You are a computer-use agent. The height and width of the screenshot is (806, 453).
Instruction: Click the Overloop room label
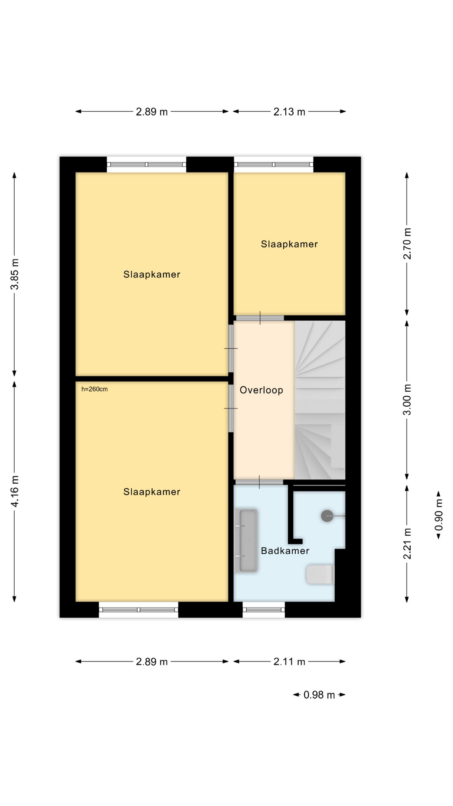pos(261,390)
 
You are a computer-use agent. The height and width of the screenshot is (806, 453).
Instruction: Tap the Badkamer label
pos(285,551)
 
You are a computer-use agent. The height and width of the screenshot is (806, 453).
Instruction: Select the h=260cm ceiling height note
pos(94,389)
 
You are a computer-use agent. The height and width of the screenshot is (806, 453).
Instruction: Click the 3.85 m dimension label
pos(15,274)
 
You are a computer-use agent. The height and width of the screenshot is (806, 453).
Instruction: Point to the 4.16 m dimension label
pos(15,491)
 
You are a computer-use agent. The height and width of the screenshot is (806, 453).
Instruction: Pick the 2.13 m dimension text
pos(289,112)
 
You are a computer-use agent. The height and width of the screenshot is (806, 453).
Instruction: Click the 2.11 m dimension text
pos(289,662)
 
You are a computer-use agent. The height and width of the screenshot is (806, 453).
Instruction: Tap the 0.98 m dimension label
pos(319,695)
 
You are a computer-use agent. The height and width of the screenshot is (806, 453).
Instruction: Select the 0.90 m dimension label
pos(439,515)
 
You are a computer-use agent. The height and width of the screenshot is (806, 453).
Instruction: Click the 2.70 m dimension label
pos(407,244)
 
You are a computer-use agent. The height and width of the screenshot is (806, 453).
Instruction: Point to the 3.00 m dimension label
pos(407,399)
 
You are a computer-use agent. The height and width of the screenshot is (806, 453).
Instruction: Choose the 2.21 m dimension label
pos(407,544)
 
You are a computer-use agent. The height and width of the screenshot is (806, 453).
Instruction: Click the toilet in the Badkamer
pos(320,575)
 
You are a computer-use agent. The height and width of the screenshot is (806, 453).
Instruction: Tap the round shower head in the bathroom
pos(327,516)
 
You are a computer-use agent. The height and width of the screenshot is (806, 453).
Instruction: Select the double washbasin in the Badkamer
pos(248,541)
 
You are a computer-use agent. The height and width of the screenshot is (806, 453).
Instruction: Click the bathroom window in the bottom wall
pos(263,610)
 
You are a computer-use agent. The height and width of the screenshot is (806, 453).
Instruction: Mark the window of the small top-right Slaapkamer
pos(273,165)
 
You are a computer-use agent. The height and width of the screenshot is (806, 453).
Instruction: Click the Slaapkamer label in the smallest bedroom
pos(289,244)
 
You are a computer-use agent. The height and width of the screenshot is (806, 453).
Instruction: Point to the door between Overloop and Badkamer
pos(259,482)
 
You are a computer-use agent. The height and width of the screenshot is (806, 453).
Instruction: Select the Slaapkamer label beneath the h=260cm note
pos(152,492)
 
